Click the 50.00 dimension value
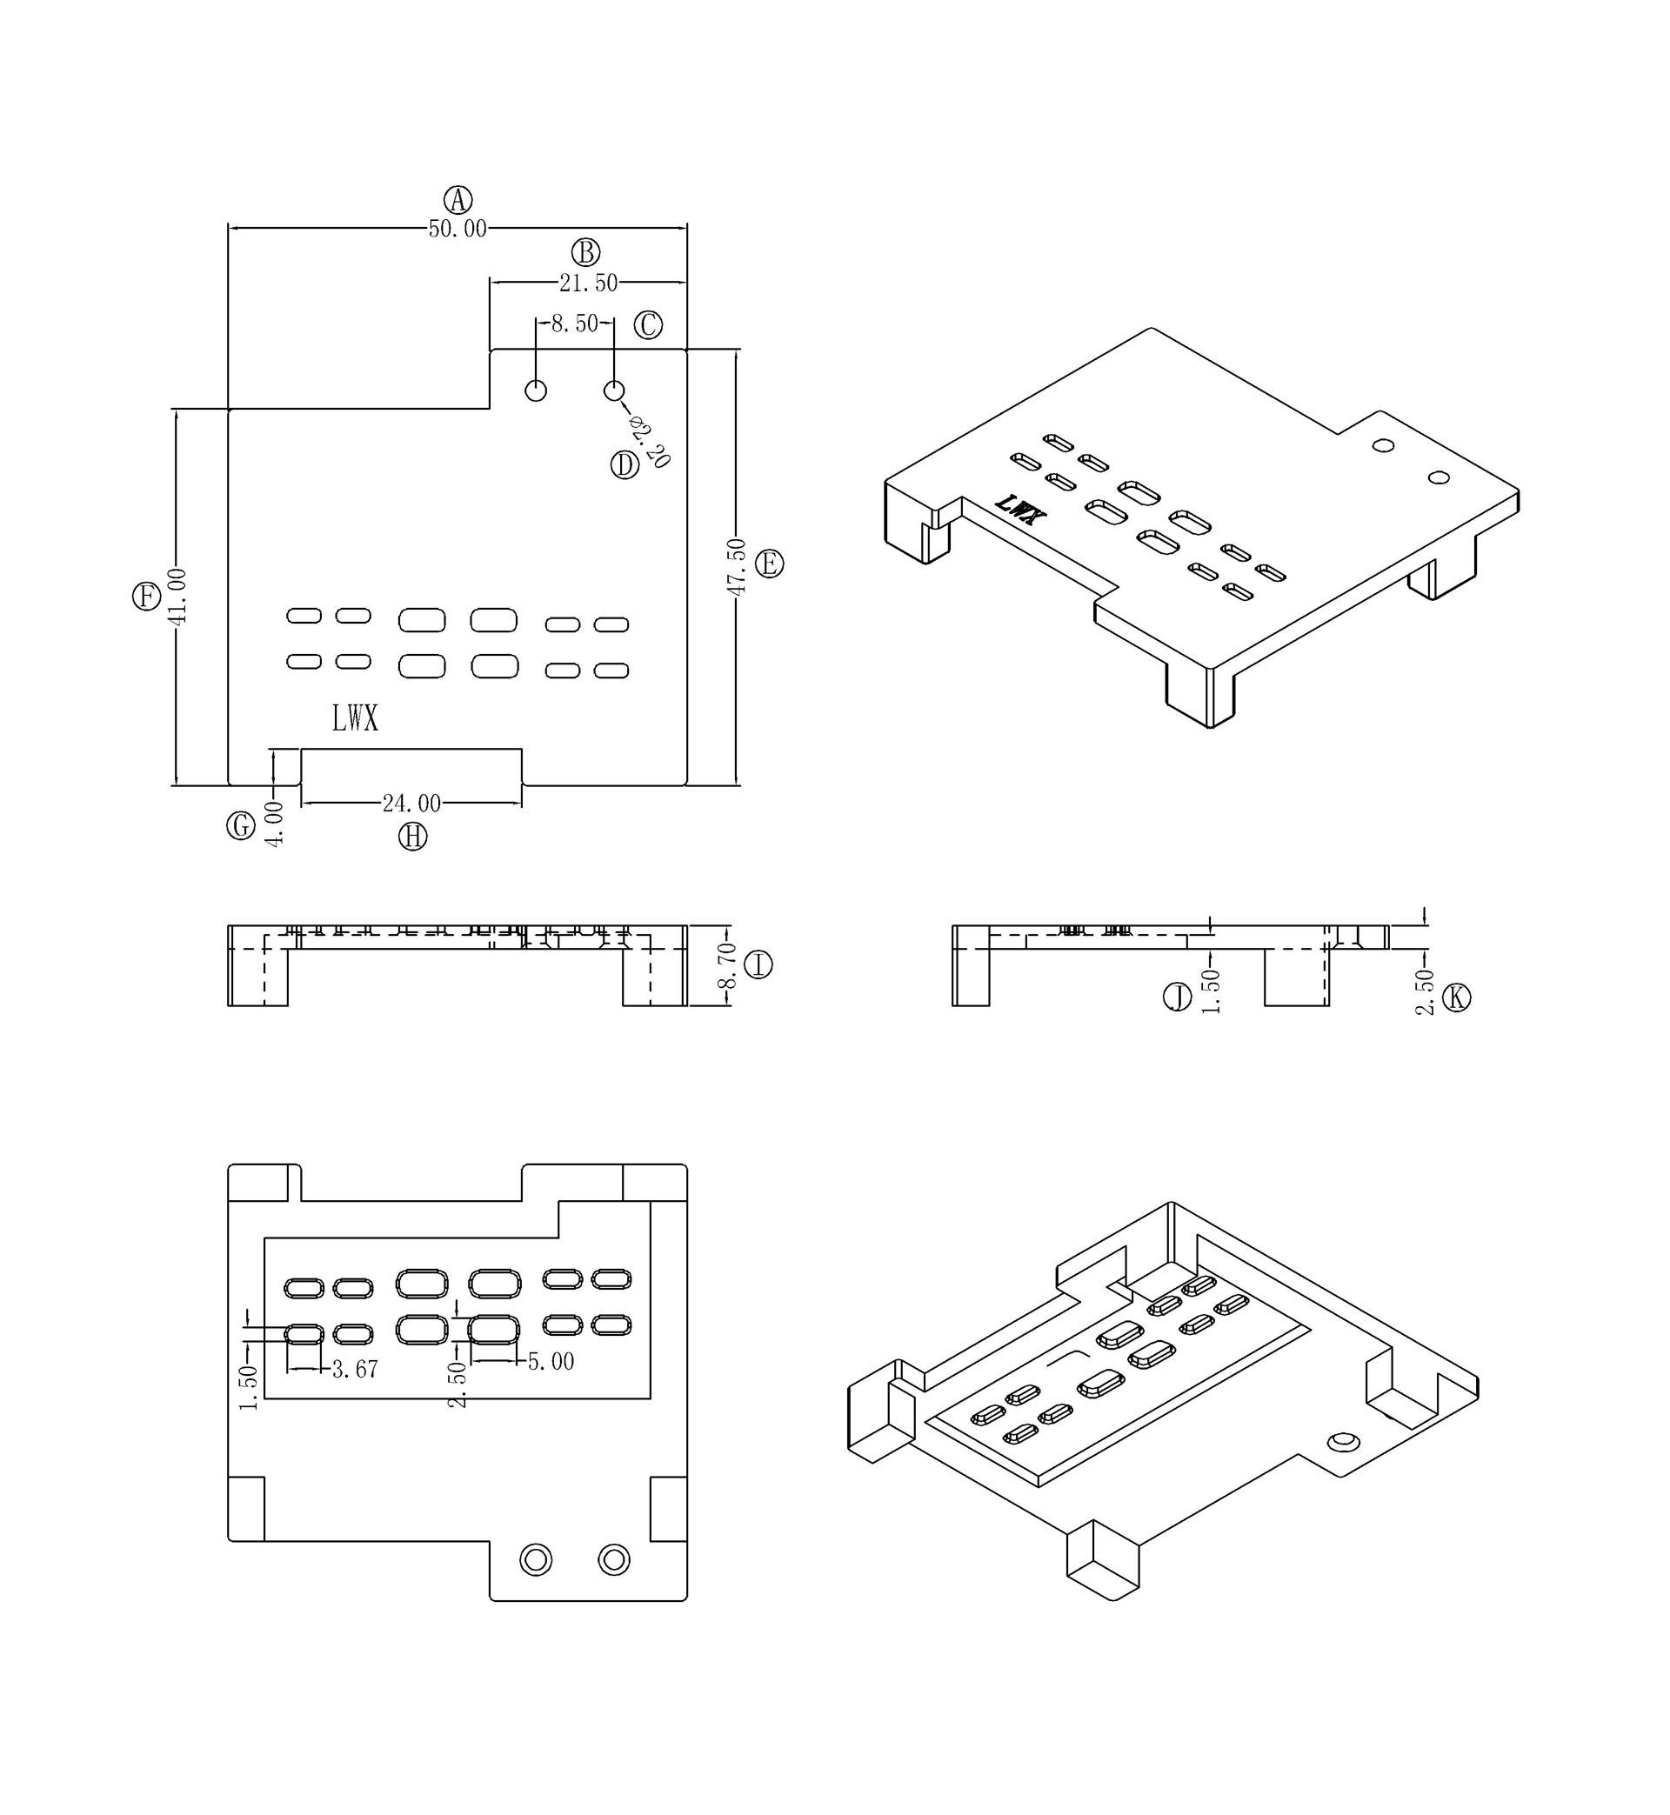pyautogui.click(x=458, y=229)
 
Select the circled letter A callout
pyautogui.click(x=458, y=200)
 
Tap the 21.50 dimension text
pyautogui.click(x=588, y=283)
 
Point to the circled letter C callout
pyautogui.click(x=648, y=324)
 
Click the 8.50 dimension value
pyautogui.click(x=575, y=324)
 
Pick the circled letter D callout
pyautogui.click(x=625, y=465)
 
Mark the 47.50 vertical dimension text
pyautogui.click(x=737, y=566)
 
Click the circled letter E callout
pyautogui.click(x=769, y=564)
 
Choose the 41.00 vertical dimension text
pyautogui.click(x=177, y=597)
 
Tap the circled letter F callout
pyautogui.click(x=146, y=597)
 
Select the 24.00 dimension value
pyautogui.click(x=411, y=804)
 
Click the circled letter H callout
pyautogui.click(x=413, y=837)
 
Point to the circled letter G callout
pyautogui.click(x=240, y=825)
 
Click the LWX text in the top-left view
pyautogui.click(x=355, y=719)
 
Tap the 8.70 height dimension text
pyautogui.click(x=726, y=966)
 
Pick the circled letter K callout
pyautogui.click(x=1456, y=998)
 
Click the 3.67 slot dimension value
pyautogui.click(x=354, y=1370)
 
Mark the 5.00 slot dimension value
pyautogui.click(x=551, y=1362)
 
